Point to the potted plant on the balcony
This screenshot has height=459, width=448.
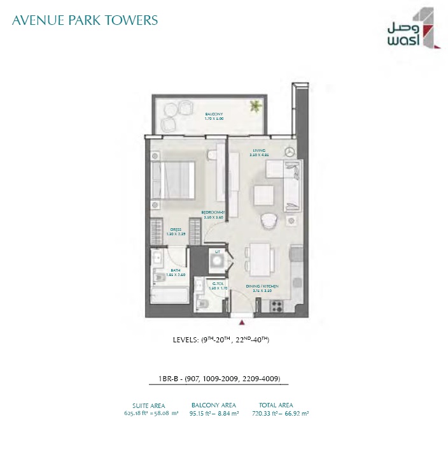(x=255, y=106)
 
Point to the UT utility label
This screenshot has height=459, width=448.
(x=218, y=252)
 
